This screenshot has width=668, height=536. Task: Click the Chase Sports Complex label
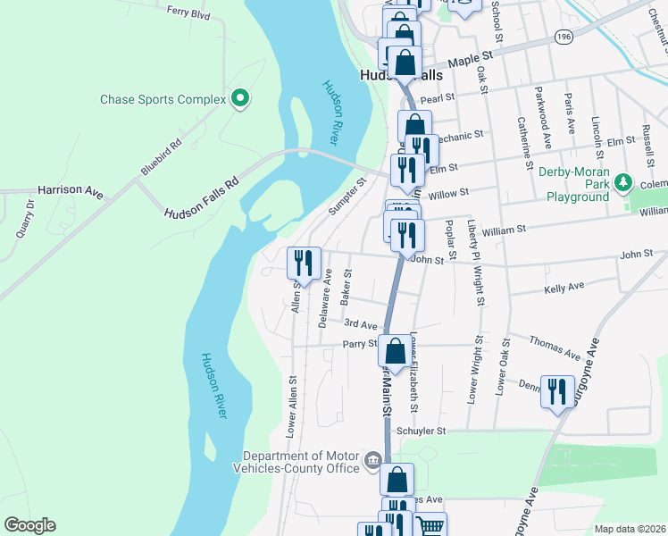163,99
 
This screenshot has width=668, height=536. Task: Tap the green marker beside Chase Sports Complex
239,98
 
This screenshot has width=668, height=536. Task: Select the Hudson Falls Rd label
203,197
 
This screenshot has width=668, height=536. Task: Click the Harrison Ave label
71,190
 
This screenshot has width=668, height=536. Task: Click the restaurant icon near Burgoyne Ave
557,392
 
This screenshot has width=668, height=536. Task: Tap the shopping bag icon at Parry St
396,349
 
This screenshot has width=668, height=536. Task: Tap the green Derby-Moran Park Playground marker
623,185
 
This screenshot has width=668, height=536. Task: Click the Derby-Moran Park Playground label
577,184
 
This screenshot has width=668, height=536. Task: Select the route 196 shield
563,37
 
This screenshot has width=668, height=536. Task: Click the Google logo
29,525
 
